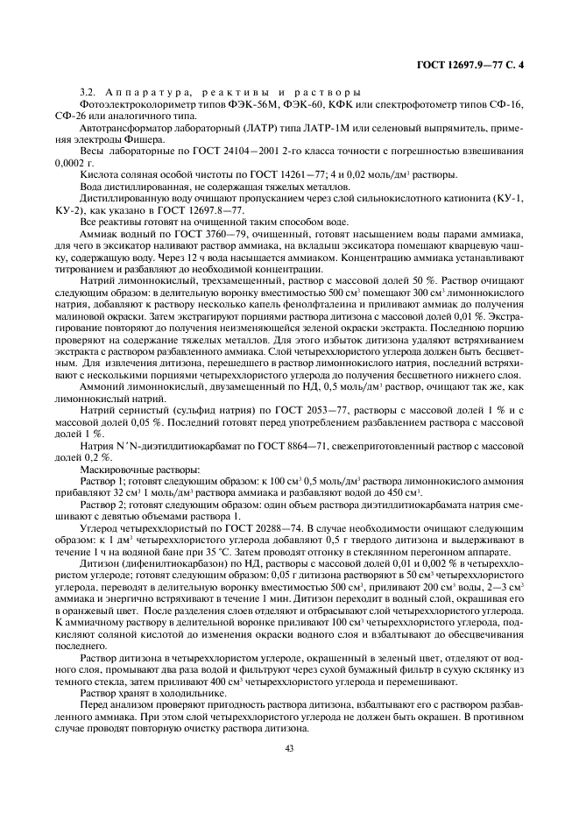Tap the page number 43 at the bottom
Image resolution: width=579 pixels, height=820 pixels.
289,747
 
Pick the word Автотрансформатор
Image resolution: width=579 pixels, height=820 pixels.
120,128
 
